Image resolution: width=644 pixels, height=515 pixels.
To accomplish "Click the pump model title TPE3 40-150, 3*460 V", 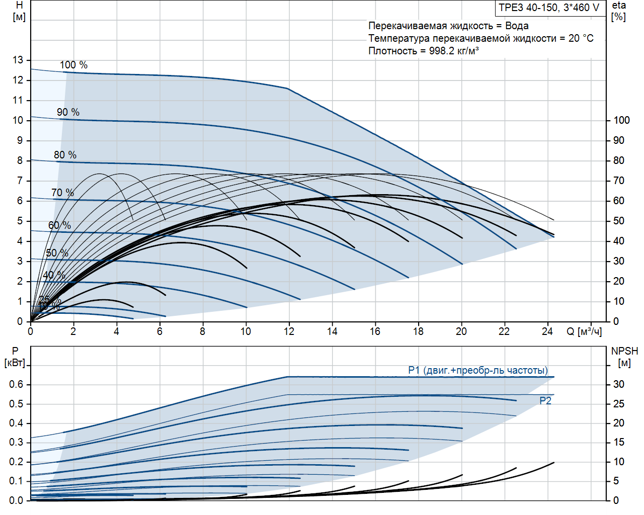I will click(549, 8).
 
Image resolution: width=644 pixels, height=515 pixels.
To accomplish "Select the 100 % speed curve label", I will click(73, 65).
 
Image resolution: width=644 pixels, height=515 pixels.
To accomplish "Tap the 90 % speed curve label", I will click(68, 112).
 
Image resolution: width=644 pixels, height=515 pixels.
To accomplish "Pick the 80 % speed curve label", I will click(65, 155).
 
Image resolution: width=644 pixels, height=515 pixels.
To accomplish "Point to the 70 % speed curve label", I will click(62, 193).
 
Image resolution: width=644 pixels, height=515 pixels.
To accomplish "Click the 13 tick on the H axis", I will click(18, 60).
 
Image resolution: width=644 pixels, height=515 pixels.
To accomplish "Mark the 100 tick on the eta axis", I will click(621, 120).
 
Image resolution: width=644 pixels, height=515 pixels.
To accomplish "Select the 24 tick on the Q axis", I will click(547, 331).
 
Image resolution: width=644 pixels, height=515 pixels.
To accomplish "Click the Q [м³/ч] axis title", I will click(584, 331).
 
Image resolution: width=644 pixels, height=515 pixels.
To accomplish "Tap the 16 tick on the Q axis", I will click(375, 331).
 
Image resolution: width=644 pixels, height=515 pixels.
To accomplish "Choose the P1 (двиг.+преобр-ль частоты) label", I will click(477, 370).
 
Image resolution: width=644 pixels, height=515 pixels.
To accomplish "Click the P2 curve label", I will click(545, 401).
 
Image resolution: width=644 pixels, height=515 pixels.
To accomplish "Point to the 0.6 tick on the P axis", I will click(16, 384).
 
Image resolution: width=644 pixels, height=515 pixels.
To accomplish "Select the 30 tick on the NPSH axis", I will click(619, 384).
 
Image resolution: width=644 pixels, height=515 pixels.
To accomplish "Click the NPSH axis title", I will click(624, 351).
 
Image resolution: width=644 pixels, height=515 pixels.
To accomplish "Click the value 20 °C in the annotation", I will click(581, 38).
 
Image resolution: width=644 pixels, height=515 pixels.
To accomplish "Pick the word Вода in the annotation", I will click(517, 26).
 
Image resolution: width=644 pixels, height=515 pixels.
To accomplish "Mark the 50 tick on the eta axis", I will click(619, 221).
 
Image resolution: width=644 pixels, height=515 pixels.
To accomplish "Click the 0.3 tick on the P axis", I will click(16, 442).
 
